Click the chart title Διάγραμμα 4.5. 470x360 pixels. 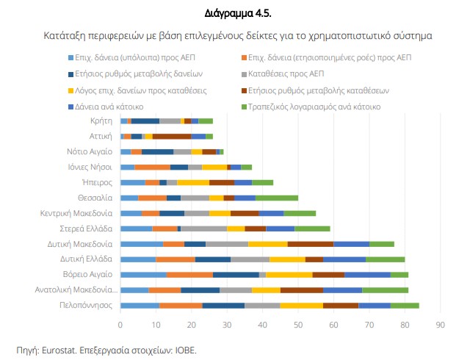point(234,13)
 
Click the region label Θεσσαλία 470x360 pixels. point(95,198)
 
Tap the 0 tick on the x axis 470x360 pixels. point(120,323)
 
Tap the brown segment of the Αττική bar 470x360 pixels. point(172,136)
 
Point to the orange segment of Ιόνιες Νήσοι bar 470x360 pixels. point(153,167)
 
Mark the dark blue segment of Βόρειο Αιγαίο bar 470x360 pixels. point(236,275)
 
